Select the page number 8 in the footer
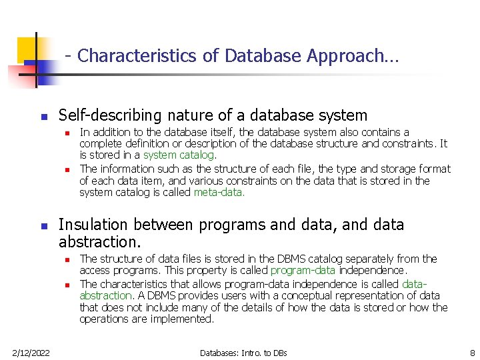click(471, 352)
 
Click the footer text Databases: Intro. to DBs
click(243, 352)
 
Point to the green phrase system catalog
click(178, 155)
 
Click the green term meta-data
click(219, 193)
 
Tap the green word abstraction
click(105, 295)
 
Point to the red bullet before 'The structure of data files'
click(68, 259)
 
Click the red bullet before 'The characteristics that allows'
click(68, 284)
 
